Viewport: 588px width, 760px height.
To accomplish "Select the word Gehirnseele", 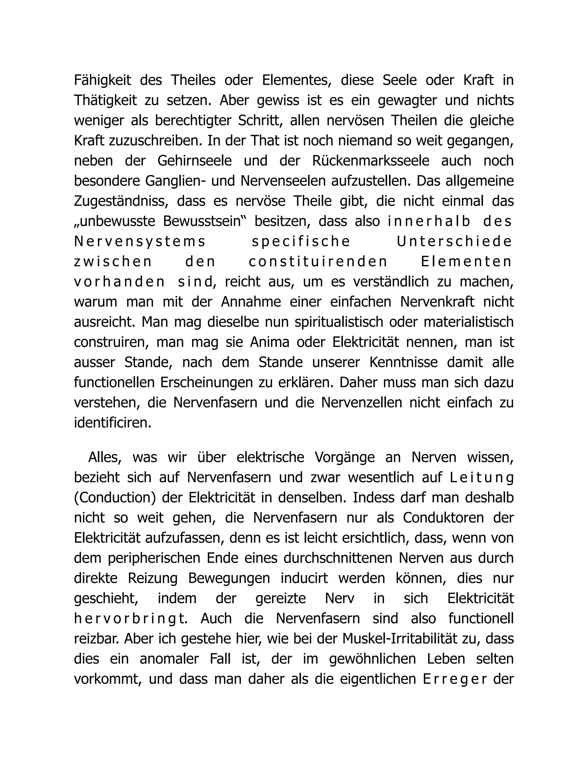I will point(194,161).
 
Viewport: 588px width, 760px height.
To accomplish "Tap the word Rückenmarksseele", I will point(371,161).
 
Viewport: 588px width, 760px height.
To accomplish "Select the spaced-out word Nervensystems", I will point(140,242).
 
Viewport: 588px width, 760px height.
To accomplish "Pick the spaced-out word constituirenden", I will point(318,262).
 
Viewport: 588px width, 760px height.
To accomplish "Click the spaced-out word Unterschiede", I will point(454,242).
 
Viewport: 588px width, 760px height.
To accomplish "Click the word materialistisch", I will point(469,322).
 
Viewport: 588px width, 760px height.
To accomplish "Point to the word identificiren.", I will point(113,423).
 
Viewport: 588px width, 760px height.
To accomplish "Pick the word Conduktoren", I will point(443,518).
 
